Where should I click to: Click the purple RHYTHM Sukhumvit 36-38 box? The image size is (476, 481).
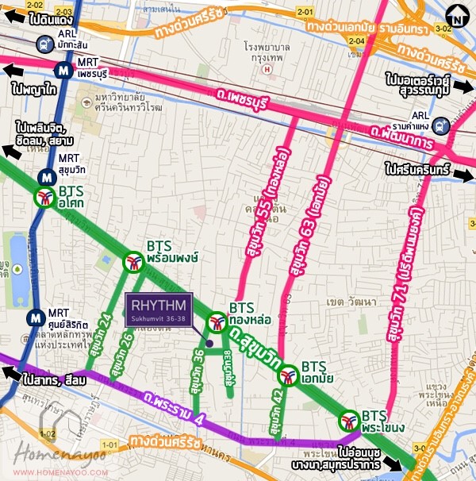click(159, 309)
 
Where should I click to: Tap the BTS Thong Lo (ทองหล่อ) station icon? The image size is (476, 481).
click(216, 322)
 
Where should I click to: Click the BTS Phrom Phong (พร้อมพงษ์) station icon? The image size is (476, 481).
click(132, 260)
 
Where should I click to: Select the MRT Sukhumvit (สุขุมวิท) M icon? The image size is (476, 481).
click(45, 178)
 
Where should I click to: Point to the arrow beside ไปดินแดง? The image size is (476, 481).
click(14, 17)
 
